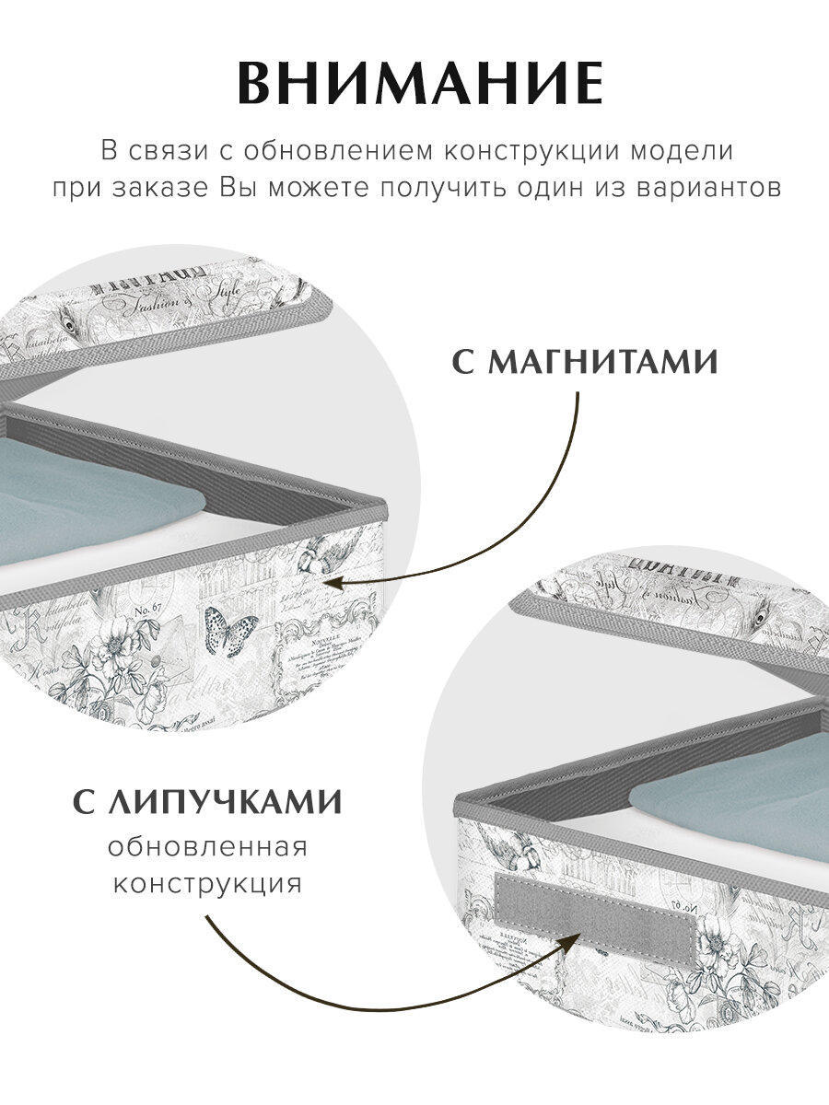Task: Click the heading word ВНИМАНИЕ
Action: [420, 85]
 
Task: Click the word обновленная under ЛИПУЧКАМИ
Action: [207, 846]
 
